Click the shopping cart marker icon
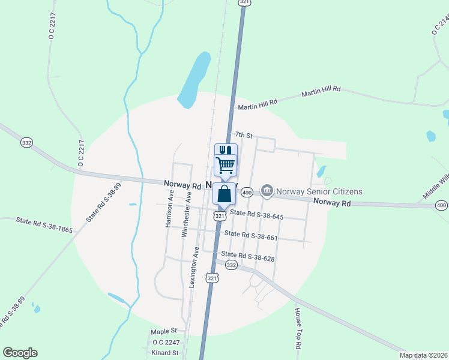pos(225,164)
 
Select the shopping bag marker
pos(224,194)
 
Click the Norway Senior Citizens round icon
pos(267,192)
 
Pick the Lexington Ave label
pos(193,268)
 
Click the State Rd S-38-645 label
pos(256,214)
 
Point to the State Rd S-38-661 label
pos(251,236)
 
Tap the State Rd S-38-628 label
pos(247,256)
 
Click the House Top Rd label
pos(297,329)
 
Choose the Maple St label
pos(164,331)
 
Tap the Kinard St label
pos(165,353)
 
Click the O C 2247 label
pos(166,342)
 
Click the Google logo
pos(20,353)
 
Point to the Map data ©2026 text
pos(423,355)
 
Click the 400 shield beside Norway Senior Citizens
pos(246,192)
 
